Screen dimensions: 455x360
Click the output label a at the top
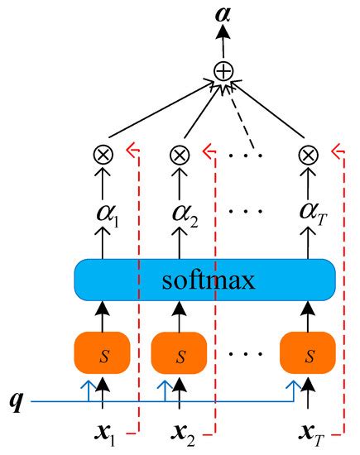pos(222,14)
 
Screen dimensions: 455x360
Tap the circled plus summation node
pos(222,72)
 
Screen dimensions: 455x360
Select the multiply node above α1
pos(103,154)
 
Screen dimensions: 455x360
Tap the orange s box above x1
pos(103,354)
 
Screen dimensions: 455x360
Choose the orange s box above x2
pos(179,354)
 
